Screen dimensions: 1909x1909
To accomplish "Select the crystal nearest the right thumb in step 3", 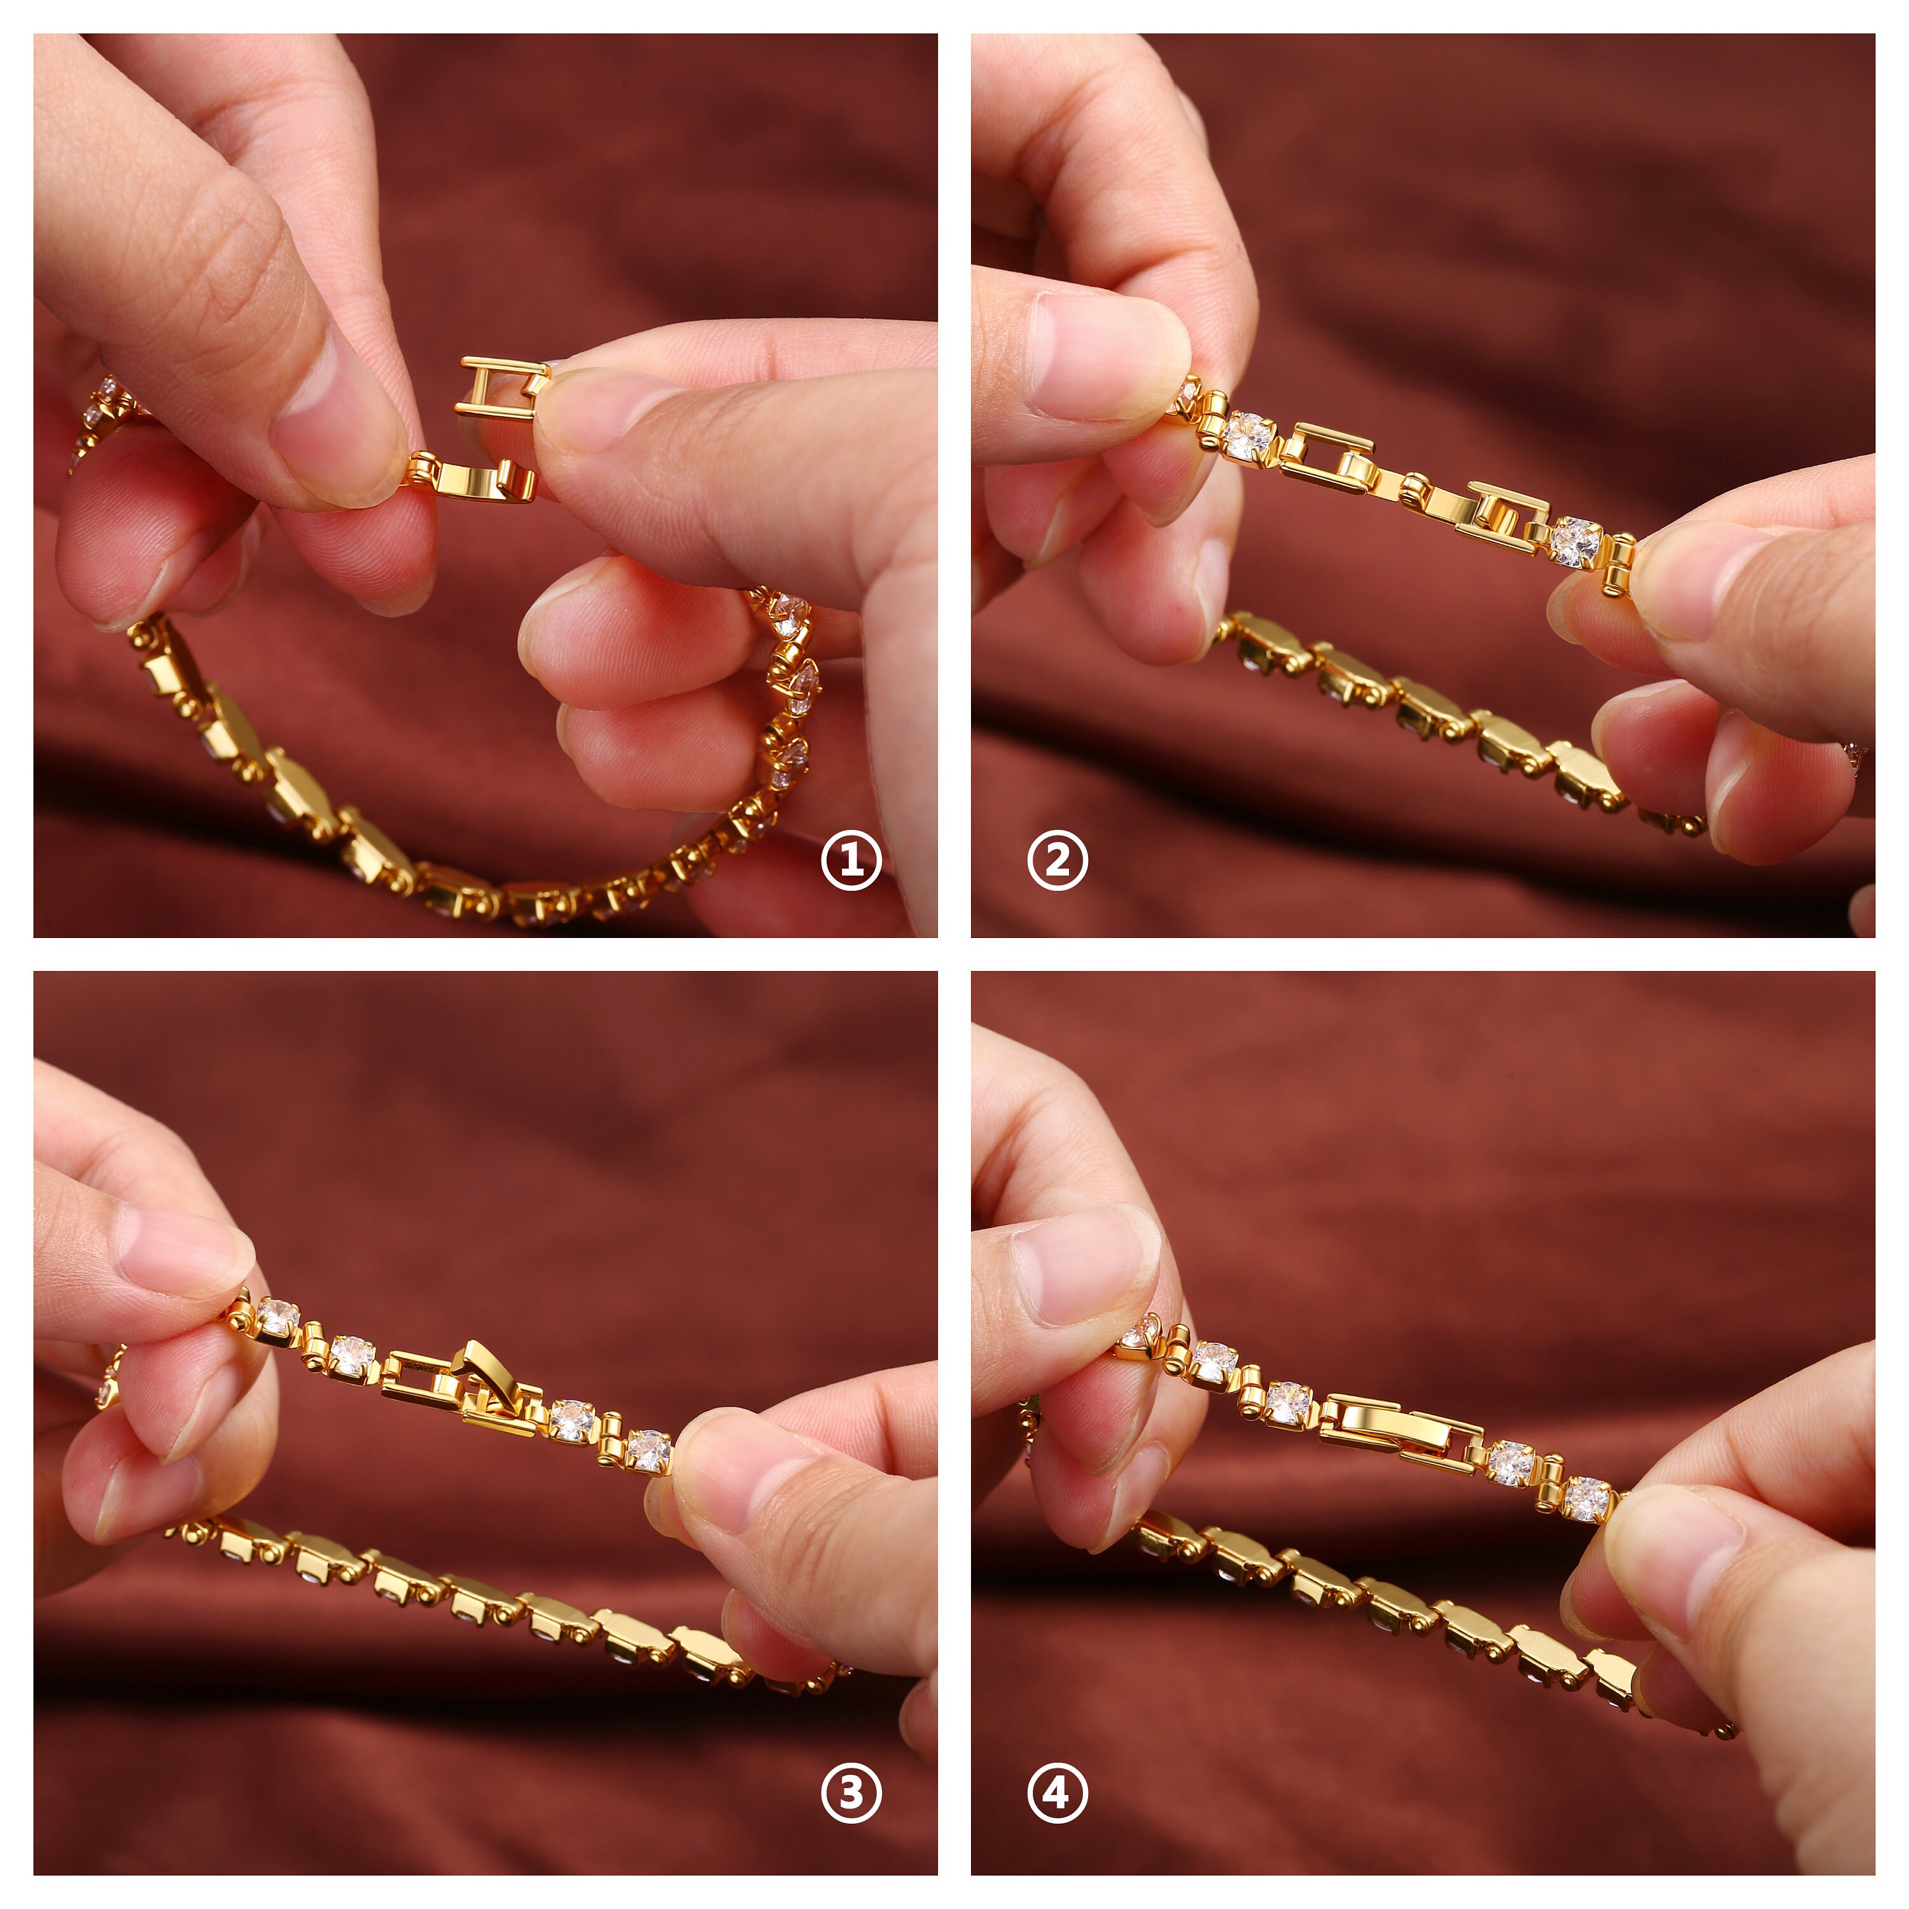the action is coord(649,1451).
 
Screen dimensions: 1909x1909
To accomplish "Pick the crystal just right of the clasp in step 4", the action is coord(1512,1462).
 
